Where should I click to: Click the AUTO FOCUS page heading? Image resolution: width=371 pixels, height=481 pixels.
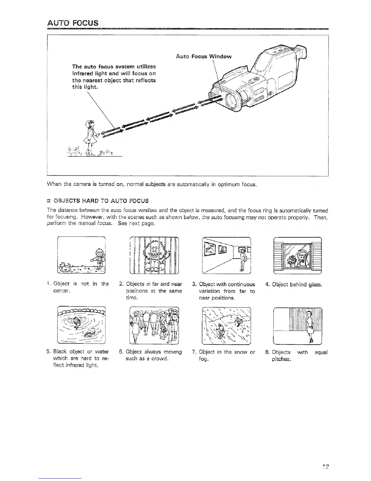(x=73, y=23)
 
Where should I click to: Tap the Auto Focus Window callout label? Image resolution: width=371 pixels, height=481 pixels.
(x=204, y=56)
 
